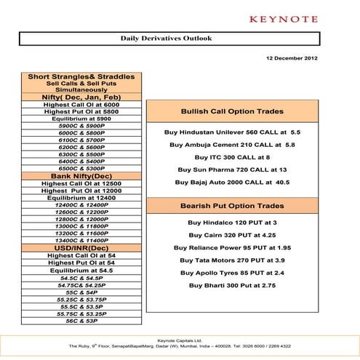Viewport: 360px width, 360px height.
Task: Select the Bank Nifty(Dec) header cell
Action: point(81,176)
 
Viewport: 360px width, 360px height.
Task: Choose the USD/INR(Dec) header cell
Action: point(81,248)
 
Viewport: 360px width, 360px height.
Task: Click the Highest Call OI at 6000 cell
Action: point(81,105)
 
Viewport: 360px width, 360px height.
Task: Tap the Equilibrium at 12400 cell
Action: point(81,198)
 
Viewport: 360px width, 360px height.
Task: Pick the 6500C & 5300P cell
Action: point(81,169)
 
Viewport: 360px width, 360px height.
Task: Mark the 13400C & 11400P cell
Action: point(81,241)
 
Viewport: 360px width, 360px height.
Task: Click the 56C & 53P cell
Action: point(81,320)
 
